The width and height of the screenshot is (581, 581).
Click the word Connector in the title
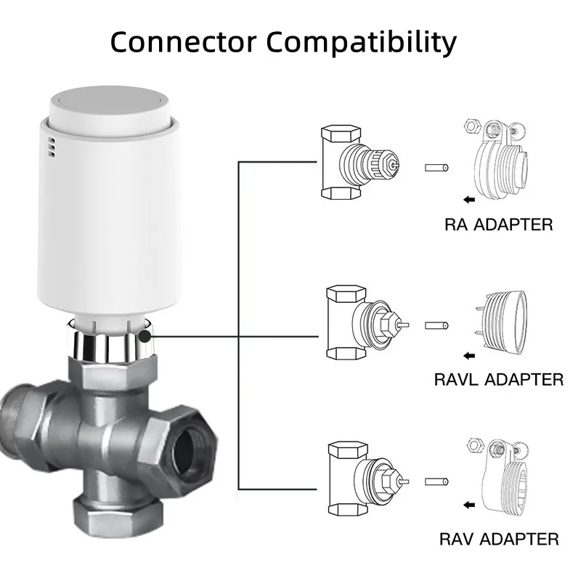click(x=183, y=41)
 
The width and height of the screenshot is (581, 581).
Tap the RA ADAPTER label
click(x=498, y=224)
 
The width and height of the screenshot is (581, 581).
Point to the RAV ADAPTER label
click(x=499, y=539)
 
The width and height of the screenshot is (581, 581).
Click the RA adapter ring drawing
click(x=500, y=163)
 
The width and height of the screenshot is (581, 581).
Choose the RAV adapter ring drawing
click(x=501, y=479)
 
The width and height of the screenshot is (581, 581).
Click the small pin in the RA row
click(x=436, y=167)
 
